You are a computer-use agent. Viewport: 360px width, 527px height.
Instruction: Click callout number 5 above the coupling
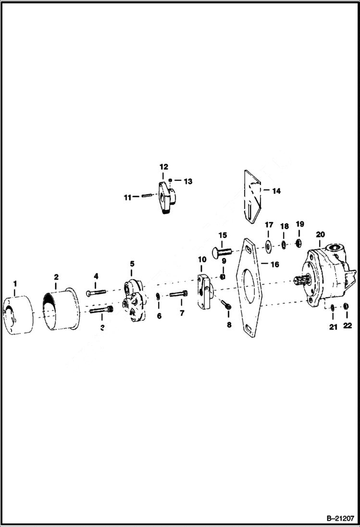132,264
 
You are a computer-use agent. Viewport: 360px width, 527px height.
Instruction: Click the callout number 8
229,325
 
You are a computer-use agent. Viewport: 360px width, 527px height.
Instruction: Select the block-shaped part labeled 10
204,291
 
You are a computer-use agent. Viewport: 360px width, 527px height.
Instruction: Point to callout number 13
188,181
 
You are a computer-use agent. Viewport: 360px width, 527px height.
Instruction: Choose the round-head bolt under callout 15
221,251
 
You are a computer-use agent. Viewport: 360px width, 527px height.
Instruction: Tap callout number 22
348,325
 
